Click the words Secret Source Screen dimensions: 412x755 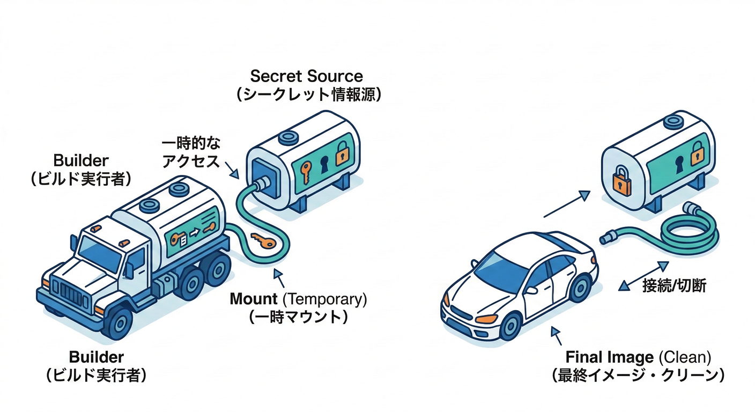point(306,76)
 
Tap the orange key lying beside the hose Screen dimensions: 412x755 point(263,241)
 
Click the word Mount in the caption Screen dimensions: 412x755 point(254,299)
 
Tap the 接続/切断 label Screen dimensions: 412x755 point(673,285)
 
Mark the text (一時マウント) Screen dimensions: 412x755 point(298,317)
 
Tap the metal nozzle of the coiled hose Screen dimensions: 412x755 point(609,236)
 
